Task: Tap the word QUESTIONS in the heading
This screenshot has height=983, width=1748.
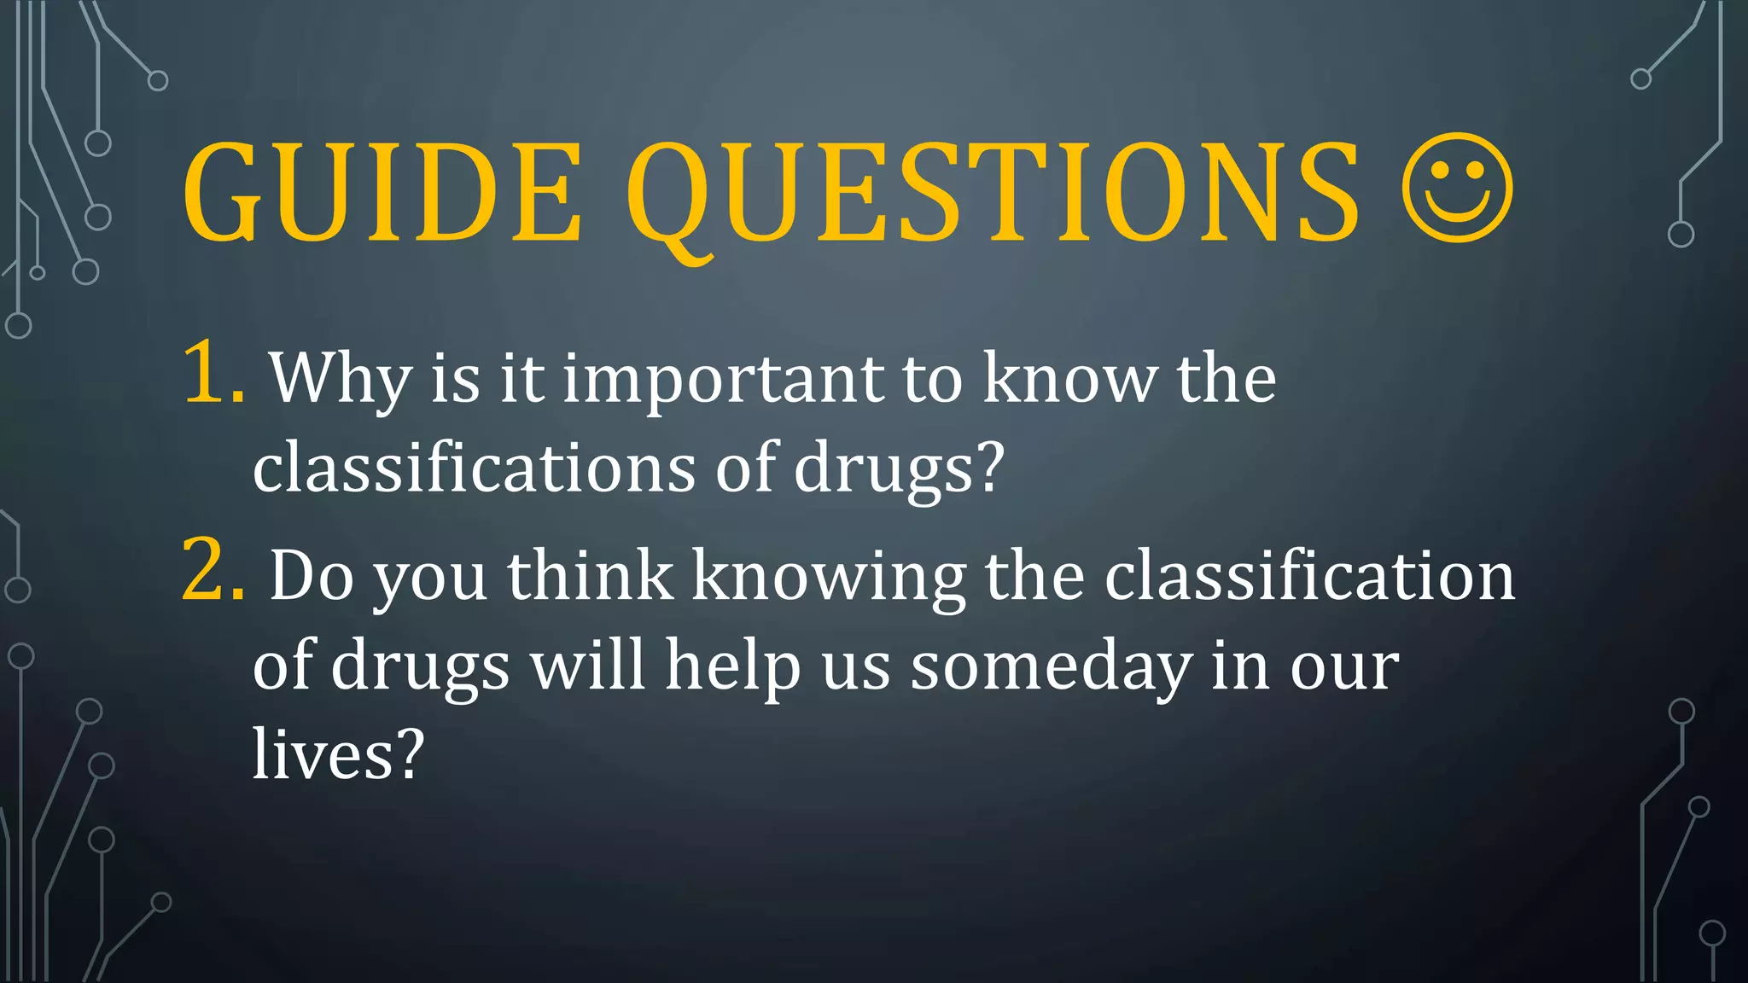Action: coord(993,195)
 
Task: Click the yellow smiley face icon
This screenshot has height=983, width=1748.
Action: coord(1457,188)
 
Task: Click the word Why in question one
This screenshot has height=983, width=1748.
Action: coord(341,379)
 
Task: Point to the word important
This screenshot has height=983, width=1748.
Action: coord(723,379)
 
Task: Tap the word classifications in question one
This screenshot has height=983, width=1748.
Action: coord(474,468)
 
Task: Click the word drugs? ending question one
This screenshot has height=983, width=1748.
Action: coord(899,468)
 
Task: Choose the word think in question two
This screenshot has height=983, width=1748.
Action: coord(590,576)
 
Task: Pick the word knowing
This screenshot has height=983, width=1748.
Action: coord(828,578)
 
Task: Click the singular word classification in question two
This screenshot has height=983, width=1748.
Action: coord(1309,576)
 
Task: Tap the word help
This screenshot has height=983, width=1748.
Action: coord(733,666)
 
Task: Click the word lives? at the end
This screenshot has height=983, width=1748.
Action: coord(338,754)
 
